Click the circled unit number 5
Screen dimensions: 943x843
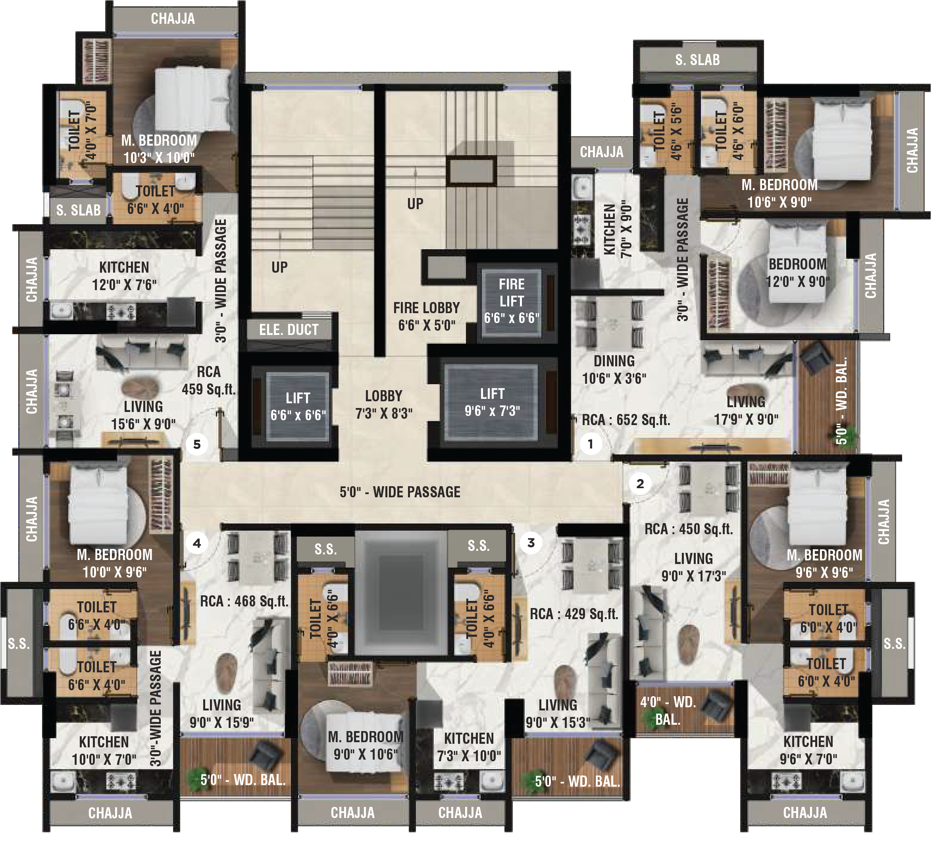pos(197,445)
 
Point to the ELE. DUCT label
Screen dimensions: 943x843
pos(289,330)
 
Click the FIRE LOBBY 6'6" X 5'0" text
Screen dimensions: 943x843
pos(427,316)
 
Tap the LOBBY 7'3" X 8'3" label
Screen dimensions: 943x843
pos(383,404)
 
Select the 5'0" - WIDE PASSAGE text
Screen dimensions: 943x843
pos(400,492)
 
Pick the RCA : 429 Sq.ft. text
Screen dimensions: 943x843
pos(574,614)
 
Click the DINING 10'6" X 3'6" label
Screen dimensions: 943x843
pos(614,370)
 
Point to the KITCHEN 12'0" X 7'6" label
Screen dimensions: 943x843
pos(124,276)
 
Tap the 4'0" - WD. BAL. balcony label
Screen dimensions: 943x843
pos(668,711)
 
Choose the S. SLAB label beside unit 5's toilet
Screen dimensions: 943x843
pos(78,210)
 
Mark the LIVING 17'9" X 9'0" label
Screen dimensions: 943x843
pos(746,410)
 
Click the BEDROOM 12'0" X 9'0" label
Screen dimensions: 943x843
pos(798,273)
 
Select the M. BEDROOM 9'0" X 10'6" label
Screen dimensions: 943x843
pos(366,746)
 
